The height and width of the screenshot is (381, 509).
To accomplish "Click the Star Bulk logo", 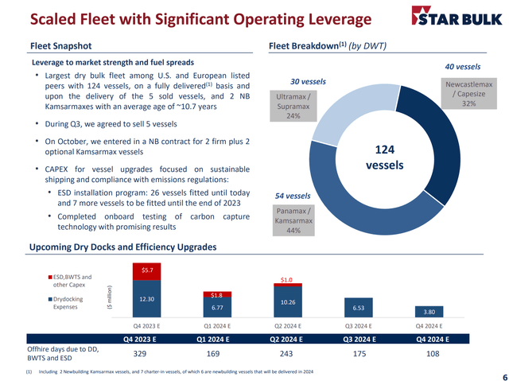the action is click(x=457, y=16).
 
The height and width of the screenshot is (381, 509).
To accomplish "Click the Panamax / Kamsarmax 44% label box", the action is click(x=293, y=220).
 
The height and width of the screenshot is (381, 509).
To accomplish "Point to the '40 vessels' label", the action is click(x=463, y=67).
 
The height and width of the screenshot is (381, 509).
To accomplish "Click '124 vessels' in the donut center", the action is click(x=385, y=157).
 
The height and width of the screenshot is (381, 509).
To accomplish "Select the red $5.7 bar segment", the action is click(x=146, y=272).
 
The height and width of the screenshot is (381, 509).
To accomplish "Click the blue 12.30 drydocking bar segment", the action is click(x=146, y=299).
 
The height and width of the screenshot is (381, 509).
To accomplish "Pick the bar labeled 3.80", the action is click(x=429, y=312).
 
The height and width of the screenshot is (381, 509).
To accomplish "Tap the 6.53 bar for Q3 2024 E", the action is click(x=359, y=308).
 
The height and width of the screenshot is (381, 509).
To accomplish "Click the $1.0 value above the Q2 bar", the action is click(x=286, y=280).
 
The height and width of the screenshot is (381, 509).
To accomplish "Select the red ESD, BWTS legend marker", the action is click(x=50, y=277).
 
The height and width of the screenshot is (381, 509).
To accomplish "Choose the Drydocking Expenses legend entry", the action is click(x=65, y=303).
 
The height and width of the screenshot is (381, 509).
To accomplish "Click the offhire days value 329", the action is click(x=140, y=353).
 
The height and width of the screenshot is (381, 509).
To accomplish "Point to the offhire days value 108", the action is click(x=433, y=353).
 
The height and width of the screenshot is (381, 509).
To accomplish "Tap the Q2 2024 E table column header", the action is click(x=286, y=340).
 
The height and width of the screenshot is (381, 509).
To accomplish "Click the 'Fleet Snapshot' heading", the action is click(x=61, y=46).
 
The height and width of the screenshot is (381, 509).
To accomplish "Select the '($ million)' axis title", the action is click(x=110, y=299).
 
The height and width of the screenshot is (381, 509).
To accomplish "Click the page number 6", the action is click(x=505, y=375).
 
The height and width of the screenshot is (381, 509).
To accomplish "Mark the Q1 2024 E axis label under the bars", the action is click(x=217, y=326).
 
